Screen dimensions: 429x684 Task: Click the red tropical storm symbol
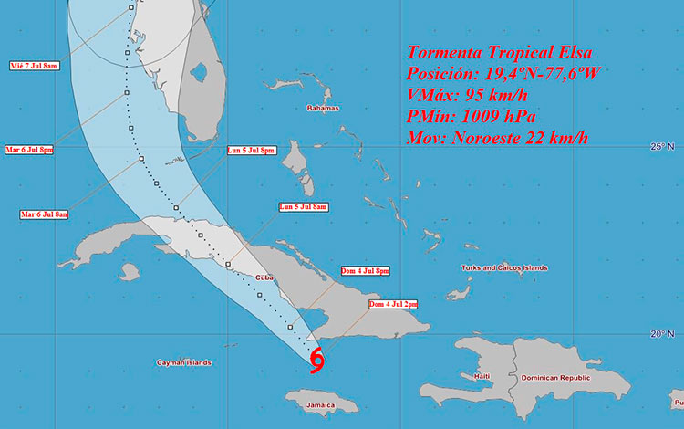[x=316, y=361]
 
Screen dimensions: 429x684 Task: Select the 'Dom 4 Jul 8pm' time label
[x=366, y=271]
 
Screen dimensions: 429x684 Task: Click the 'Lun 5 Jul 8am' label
[x=303, y=207]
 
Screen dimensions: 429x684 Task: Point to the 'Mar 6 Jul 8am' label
[x=43, y=214]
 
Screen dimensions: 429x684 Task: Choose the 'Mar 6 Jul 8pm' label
[x=29, y=149]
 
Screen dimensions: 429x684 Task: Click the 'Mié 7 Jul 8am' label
[x=34, y=66]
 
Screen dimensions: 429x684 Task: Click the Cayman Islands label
[x=183, y=362]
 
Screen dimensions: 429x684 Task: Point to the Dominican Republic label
[x=554, y=377]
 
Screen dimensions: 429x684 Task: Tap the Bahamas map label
[x=322, y=108]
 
